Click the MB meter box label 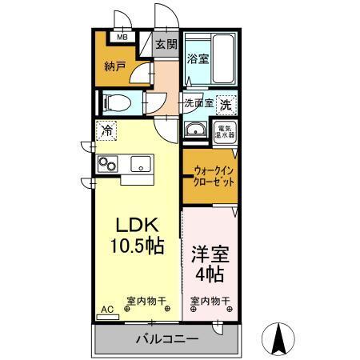[123, 37]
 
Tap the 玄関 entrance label [165, 44]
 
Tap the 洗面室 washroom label [198, 102]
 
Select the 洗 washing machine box [226, 104]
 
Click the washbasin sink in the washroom [194, 130]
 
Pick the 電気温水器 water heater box [226, 130]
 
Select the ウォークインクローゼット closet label [214, 176]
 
